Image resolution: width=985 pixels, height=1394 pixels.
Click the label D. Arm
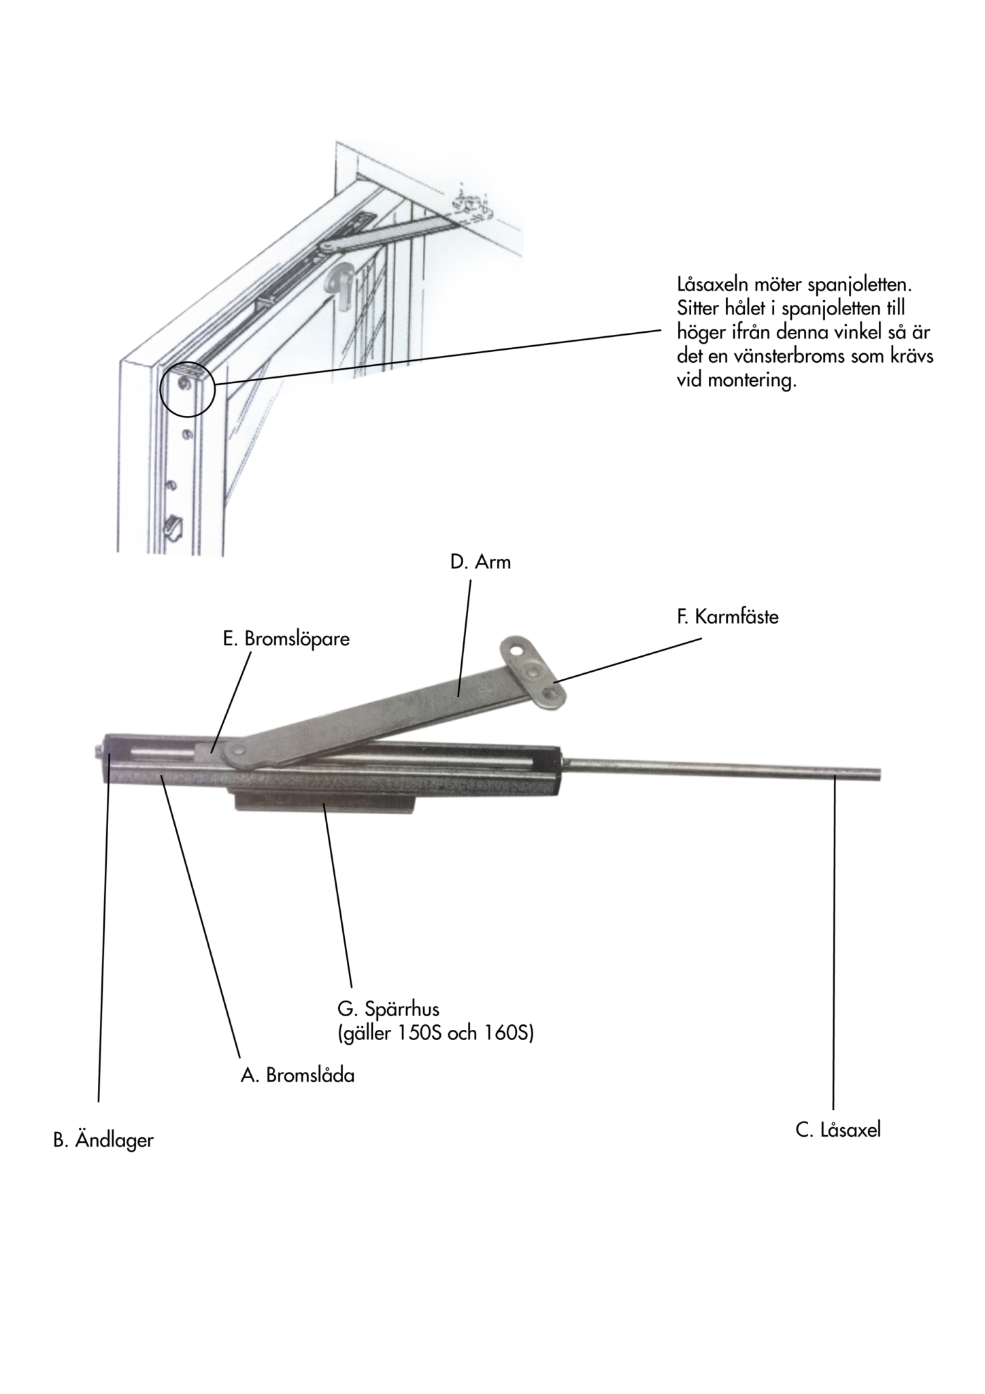480,562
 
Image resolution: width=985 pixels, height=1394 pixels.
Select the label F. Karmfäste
727,617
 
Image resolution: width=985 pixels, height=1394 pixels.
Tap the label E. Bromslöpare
286,640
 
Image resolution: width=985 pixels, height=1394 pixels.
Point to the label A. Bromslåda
297,1075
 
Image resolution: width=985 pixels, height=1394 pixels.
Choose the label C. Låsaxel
838,1131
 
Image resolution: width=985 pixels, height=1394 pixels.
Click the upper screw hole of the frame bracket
518,651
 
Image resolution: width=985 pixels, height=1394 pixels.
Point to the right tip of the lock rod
880,773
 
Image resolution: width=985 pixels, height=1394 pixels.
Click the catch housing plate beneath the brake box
324,800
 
